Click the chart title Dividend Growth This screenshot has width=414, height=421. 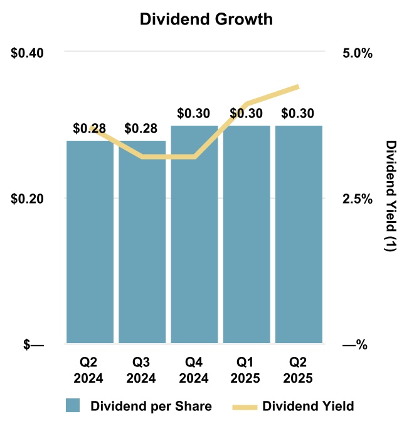coord(206,19)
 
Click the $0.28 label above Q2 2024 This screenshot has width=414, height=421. coord(90,129)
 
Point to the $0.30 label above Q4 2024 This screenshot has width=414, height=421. coord(194,114)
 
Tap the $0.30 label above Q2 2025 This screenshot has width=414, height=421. coord(299,114)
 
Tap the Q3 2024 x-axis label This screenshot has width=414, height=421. coord(142,371)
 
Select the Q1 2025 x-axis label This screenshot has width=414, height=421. coord(247,371)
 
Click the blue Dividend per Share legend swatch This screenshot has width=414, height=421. coord(73,405)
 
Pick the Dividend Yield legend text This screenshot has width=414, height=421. coord(308,405)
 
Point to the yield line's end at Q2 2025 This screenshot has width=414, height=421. coord(298,87)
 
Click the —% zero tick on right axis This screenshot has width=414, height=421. coord(355,344)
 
